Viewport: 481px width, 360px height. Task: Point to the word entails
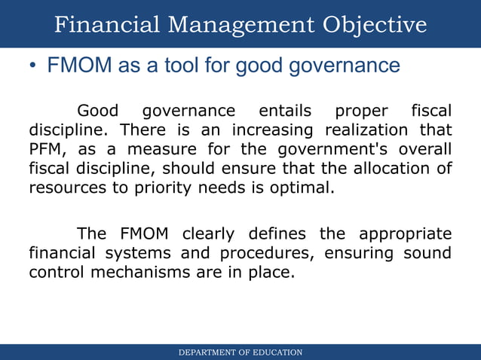coord(285,111)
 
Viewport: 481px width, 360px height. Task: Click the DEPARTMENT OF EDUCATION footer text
coord(240,352)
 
